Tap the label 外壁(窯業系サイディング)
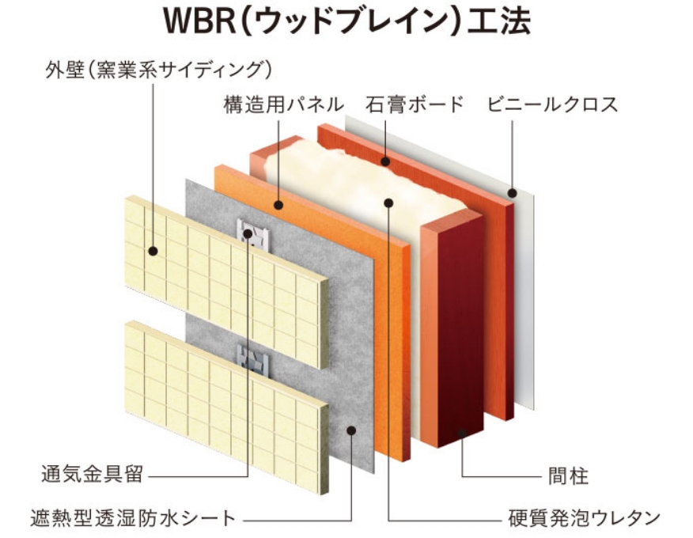pyautogui.click(x=158, y=70)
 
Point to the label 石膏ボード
pyautogui.click(x=414, y=104)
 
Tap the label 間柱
pyautogui.click(x=569, y=476)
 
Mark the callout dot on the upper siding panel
pyautogui.click(x=152, y=252)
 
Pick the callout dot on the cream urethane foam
pyautogui.click(x=388, y=203)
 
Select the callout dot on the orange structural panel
pyautogui.click(x=279, y=206)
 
